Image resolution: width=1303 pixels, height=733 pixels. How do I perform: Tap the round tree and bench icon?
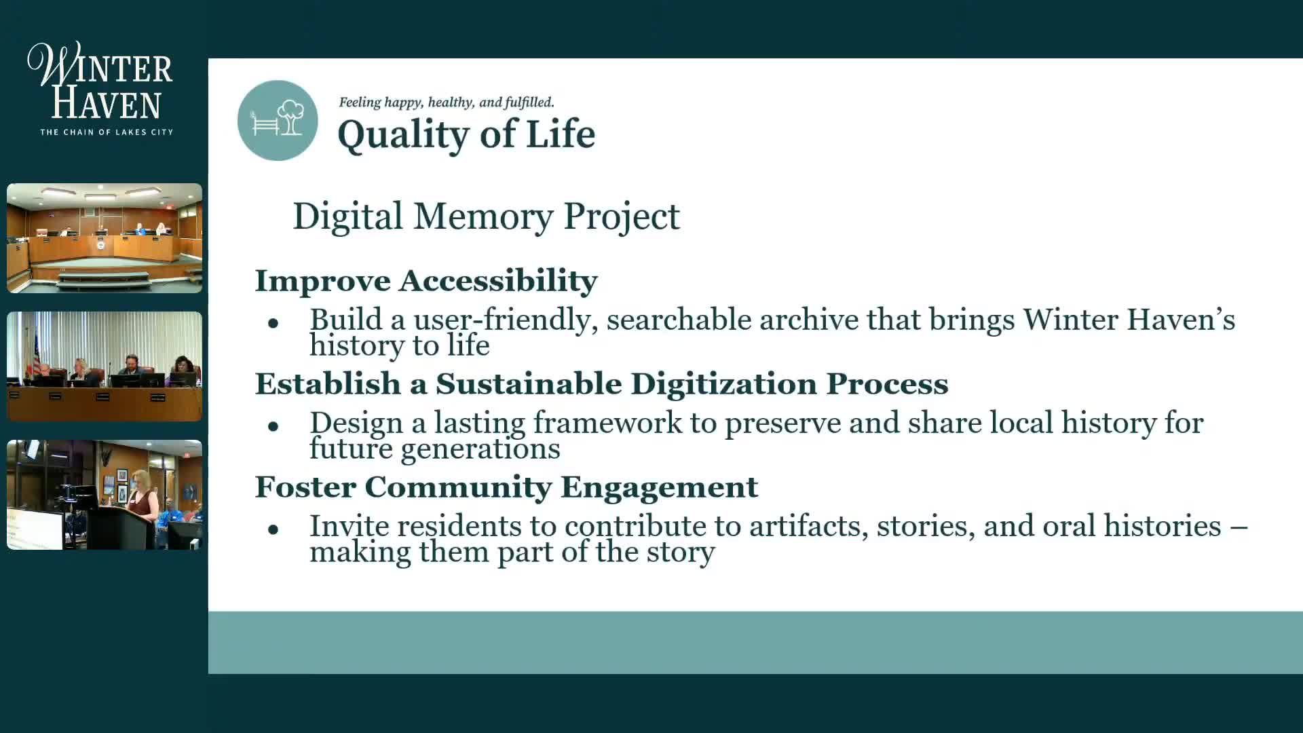point(278,120)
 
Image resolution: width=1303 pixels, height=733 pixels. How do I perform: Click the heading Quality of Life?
point(466,134)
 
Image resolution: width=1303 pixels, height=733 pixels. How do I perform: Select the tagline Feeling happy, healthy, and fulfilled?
point(447,102)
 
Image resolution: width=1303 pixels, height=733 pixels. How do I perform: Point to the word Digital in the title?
point(348,217)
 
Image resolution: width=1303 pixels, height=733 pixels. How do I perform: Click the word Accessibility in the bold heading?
point(498,280)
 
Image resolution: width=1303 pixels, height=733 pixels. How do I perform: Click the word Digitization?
point(723,385)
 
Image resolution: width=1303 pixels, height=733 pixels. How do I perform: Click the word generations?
point(480,449)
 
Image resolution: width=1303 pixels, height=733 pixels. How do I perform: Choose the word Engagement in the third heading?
point(659,488)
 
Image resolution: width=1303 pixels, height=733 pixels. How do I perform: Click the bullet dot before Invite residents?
point(273,529)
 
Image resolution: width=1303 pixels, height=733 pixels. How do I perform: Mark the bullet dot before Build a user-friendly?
point(273,323)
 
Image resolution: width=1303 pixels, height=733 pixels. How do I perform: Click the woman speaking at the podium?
point(143,499)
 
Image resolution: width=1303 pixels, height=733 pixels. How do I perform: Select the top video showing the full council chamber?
point(105,238)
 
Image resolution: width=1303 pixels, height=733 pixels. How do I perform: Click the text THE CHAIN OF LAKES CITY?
point(107,132)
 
